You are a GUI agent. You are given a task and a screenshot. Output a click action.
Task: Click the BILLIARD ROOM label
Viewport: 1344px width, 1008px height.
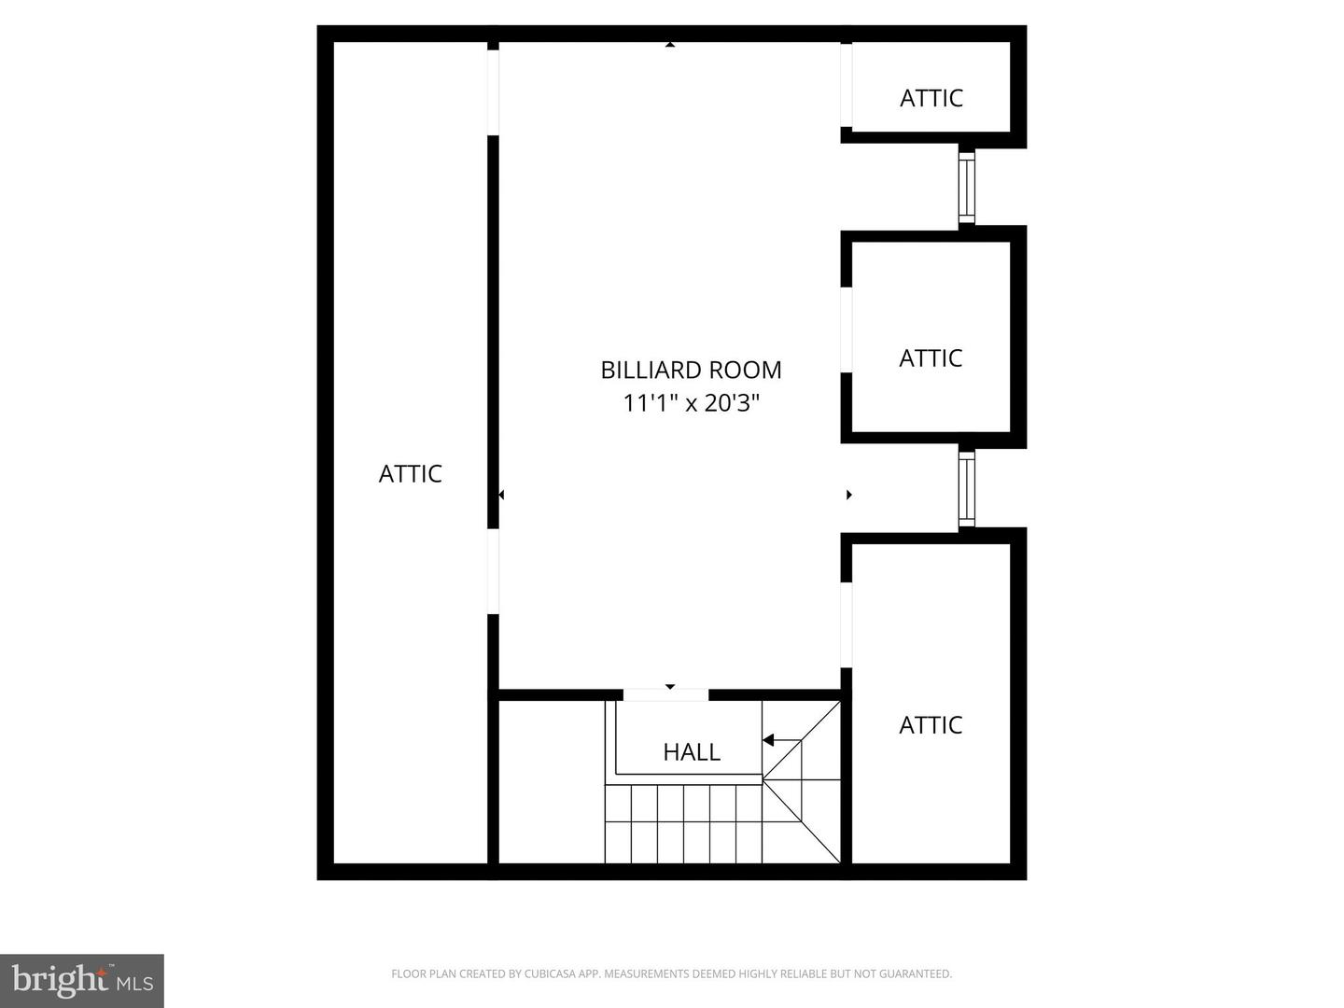[691, 370]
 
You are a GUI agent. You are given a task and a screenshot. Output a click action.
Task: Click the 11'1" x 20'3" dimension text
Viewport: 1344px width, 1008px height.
[691, 403]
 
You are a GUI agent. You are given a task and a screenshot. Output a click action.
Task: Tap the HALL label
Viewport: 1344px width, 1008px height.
[692, 751]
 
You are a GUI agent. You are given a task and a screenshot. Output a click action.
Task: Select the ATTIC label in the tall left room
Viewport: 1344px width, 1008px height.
[410, 473]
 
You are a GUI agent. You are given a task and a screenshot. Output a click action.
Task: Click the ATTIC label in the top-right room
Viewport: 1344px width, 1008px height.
[931, 98]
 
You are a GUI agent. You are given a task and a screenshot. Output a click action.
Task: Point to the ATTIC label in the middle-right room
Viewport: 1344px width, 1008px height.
[930, 357]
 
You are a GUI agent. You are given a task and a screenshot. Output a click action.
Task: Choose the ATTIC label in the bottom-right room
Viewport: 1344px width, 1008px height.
[930, 724]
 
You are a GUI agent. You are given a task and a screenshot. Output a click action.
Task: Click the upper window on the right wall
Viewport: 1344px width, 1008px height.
[966, 187]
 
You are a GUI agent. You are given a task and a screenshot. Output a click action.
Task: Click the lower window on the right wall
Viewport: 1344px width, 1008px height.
[966, 488]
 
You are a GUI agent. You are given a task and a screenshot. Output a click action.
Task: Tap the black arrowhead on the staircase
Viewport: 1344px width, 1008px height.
[768, 740]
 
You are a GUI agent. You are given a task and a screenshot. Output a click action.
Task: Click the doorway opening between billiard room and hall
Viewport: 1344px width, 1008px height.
[665, 694]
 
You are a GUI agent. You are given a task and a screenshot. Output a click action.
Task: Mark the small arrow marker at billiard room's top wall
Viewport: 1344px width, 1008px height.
[669, 44]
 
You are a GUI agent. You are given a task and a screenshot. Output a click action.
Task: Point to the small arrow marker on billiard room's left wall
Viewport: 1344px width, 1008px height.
[501, 495]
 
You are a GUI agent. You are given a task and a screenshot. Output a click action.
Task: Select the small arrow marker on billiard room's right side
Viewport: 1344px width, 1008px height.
[848, 495]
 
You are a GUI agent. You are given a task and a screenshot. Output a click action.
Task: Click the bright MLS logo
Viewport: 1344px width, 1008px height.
[82, 980]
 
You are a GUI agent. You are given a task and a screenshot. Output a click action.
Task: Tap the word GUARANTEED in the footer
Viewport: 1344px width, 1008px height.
[913, 974]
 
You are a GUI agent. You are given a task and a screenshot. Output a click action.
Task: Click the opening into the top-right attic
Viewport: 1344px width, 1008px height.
[846, 84]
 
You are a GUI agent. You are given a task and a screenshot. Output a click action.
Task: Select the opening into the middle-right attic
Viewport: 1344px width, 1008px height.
[846, 329]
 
